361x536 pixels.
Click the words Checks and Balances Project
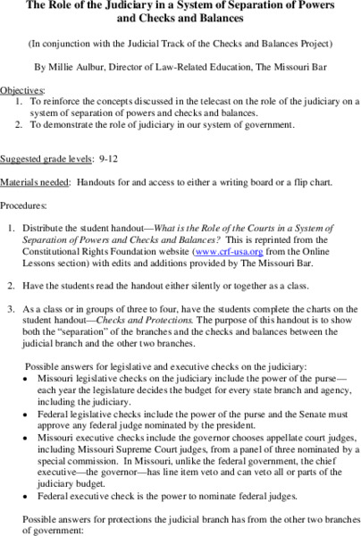241,41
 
